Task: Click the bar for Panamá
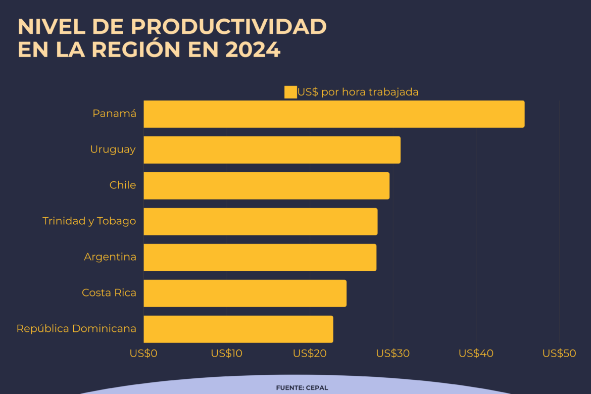[334, 114]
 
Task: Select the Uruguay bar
[272, 150]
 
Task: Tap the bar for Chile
[266, 186]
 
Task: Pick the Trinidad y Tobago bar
[260, 222]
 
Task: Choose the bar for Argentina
[260, 258]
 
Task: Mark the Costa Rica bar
[245, 293]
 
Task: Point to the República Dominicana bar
[238, 329]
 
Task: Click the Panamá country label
[114, 114]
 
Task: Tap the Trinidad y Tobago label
[89, 221]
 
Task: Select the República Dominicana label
[76, 329]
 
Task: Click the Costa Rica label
[109, 293]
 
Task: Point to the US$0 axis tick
[143, 354]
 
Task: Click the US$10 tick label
[226, 354]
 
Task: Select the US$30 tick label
[392, 354]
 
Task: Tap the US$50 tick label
[559, 354]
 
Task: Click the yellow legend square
[290, 92]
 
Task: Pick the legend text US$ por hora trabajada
[358, 92]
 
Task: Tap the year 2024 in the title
[253, 50]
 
